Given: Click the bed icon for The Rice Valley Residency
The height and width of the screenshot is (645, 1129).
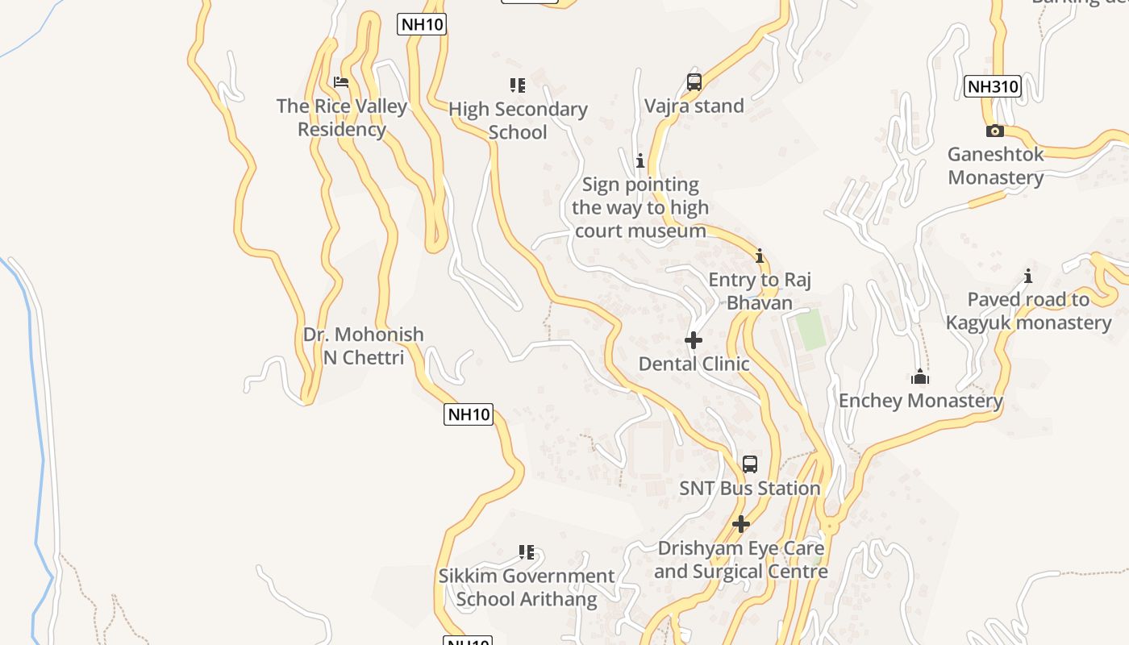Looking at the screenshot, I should click(x=341, y=82).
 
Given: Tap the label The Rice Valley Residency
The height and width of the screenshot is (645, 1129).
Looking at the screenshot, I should click(x=342, y=118).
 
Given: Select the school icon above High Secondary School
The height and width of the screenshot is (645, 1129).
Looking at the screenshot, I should click(x=518, y=85).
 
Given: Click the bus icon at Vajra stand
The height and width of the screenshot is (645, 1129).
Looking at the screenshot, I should click(x=694, y=81).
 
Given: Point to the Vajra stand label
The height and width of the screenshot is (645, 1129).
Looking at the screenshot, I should click(x=694, y=106).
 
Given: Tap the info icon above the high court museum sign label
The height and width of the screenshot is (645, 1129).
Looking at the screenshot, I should click(x=640, y=161).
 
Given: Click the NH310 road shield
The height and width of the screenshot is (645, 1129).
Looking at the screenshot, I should click(x=993, y=86).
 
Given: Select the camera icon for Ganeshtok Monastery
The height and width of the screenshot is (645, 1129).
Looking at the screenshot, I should click(x=995, y=131).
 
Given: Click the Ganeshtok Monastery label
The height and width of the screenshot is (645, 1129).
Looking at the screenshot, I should click(x=995, y=165).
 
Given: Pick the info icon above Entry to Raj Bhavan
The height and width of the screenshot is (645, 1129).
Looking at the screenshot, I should click(x=759, y=256).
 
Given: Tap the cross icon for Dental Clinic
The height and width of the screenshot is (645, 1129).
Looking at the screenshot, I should click(x=694, y=340).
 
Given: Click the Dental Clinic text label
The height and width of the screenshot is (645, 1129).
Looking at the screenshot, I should click(x=694, y=364).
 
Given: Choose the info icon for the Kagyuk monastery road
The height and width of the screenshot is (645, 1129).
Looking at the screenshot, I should click(x=1028, y=277).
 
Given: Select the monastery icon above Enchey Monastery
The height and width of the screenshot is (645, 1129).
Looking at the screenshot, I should click(x=920, y=377).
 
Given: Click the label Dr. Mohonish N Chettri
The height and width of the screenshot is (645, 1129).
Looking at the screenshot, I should click(x=363, y=346).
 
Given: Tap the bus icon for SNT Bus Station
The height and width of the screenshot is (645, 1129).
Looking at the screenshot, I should click(x=750, y=464).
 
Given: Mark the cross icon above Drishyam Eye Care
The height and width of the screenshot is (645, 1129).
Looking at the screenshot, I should click(x=741, y=524).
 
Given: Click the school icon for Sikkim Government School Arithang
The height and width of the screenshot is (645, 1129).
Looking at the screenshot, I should click(x=527, y=552).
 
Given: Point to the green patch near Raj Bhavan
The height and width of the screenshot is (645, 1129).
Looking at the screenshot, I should click(x=810, y=329).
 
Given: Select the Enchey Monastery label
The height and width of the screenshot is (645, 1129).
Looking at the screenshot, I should click(x=920, y=401).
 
